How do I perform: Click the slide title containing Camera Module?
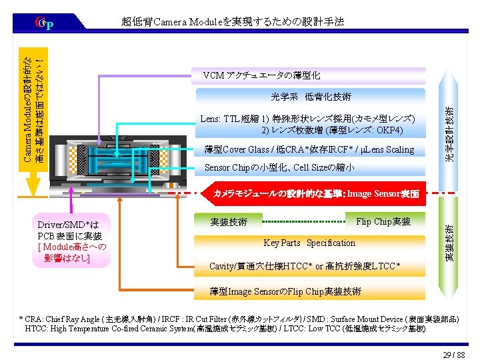pos(233,22)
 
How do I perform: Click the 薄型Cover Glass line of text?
pos(309,149)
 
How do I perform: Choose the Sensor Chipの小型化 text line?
pos(279,167)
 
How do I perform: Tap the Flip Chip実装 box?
pos(383,221)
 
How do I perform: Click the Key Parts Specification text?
pos(309,243)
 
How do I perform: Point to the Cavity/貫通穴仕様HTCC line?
pos(305,266)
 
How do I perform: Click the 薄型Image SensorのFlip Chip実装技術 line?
pos(285,291)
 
